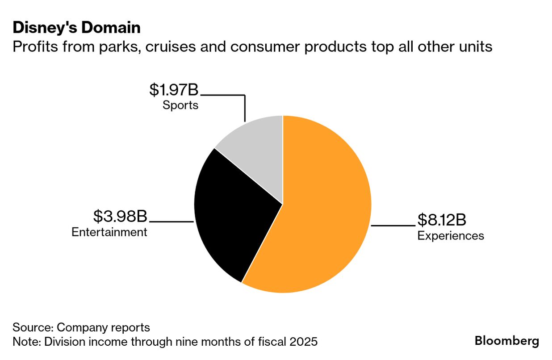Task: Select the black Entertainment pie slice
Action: (x=232, y=214)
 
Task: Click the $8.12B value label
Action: (x=442, y=220)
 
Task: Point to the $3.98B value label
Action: (x=120, y=217)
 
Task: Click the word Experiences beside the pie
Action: (x=450, y=235)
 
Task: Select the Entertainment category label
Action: (x=109, y=232)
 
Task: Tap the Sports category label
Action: (x=180, y=105)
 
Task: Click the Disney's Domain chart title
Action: (x=76, y=28)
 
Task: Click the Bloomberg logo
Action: (x=506, y=341)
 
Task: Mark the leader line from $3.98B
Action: (x=171, y=222)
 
